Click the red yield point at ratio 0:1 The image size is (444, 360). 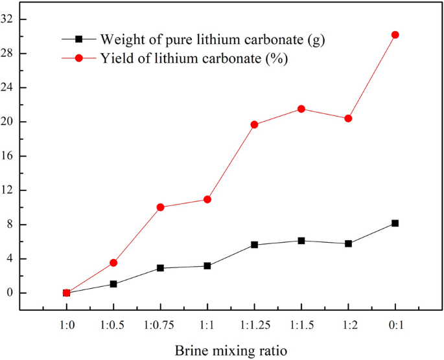click(x=395, y=35)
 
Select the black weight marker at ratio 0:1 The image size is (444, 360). click(x=395, y=223)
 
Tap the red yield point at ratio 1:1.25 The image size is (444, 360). click(x=254, y=124)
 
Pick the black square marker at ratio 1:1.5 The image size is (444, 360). click(x=301, y=241)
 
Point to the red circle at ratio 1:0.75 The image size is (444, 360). click(x=160, y=207)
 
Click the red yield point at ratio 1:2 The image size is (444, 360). click(x=348, y=118)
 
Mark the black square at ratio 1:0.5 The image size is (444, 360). click(x=113, y=284)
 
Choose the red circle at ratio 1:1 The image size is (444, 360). click(x=207, y=199)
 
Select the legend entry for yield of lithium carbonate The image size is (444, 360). click(x=194, y=58)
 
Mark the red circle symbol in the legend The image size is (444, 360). click(x=79, y=58)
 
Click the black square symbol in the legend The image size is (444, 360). click(x=79, y=40)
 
